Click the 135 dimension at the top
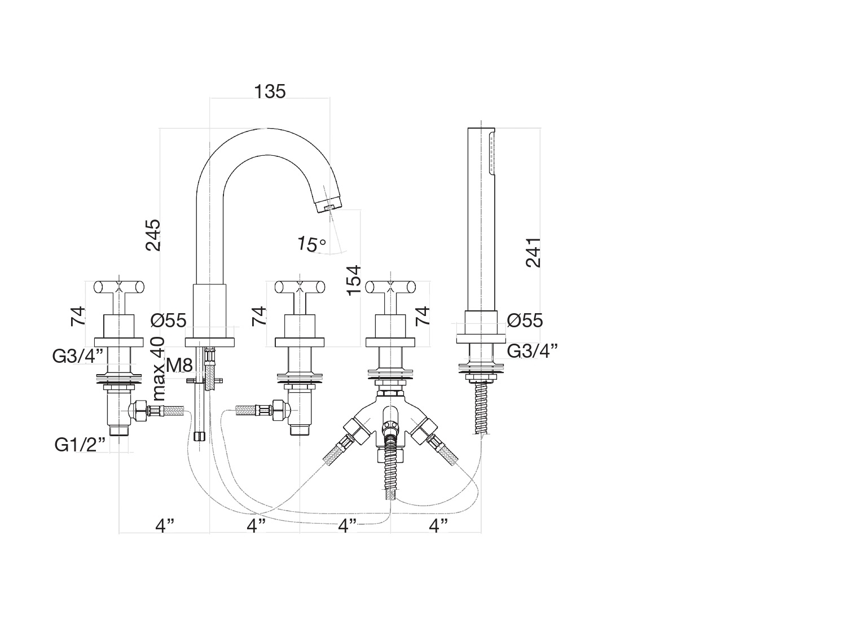pos(270,91)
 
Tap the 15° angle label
pos(312,244)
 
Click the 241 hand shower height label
pos(533,252)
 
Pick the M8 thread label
pos(179,365)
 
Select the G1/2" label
pos(81,445)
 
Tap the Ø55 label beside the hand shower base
pos(525,321)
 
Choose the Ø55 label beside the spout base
pos(168,321)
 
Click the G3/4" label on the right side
pos(533,350)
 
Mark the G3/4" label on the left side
pos(78,356)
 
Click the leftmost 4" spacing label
pos(165,526)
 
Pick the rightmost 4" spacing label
pos(438,526)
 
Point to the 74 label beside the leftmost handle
pos(78,315)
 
